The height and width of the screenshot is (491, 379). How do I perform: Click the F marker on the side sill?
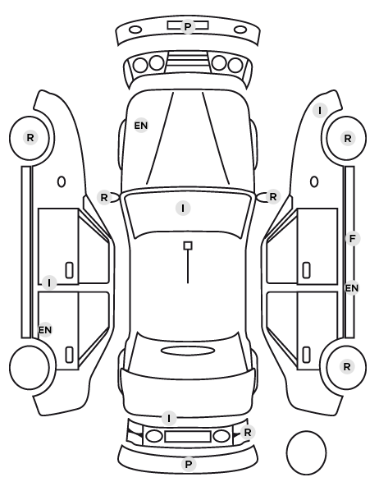353,239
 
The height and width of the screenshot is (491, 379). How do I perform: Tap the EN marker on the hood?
141,126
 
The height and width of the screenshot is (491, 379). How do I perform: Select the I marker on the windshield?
183,208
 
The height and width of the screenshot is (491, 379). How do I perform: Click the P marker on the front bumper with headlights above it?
188,26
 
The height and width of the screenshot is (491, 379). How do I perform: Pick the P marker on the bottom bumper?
189,464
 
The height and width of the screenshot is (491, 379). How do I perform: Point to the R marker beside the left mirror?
104,197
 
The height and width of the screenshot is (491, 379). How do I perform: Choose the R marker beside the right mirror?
273,197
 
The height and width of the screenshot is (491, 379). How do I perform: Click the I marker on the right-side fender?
320,110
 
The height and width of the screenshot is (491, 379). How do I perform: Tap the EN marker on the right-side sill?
352,287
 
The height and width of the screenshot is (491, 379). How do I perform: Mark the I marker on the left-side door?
49,282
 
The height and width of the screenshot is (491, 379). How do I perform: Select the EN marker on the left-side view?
45,329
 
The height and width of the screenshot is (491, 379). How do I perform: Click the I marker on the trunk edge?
169,418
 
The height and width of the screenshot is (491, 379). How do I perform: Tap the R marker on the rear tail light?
247,433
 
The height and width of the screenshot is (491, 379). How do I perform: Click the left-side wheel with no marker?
30,367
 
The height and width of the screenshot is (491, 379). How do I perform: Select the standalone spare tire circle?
306,452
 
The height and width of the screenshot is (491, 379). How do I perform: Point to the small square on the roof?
188,245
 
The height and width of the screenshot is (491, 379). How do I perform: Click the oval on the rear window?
188,351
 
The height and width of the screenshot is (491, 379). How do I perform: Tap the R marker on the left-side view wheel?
30,137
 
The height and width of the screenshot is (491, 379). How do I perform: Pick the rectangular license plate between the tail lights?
188,437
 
